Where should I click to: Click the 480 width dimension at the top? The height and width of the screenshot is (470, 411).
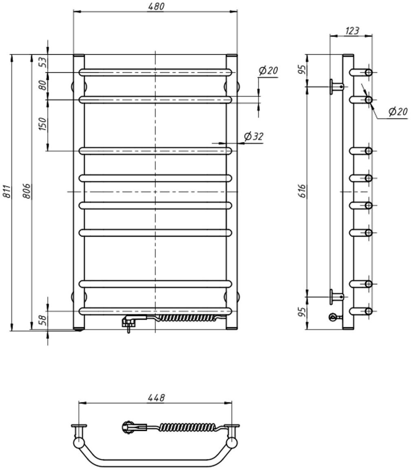point(155,7)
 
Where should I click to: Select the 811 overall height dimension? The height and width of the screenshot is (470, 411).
point(7,192)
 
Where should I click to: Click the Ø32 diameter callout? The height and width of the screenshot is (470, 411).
point(254,137)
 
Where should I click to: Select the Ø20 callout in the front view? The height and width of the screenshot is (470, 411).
point(268,71)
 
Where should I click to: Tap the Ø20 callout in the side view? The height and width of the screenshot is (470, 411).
point(398,111)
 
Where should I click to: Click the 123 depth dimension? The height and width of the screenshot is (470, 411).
point(351,31)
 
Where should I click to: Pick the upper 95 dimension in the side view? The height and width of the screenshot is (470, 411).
point(302,70)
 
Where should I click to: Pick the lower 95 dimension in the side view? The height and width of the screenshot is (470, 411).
point(302,313)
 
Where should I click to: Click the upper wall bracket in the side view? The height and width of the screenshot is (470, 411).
point(337,86)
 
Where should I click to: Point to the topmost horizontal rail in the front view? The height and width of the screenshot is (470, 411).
point(155,73)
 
